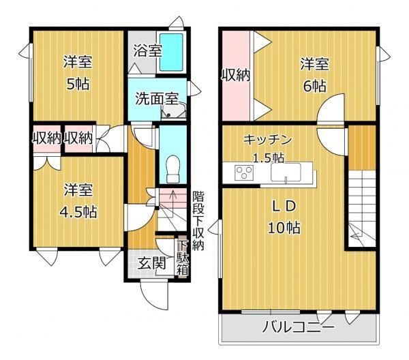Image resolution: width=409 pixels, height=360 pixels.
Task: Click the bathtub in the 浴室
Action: pos(171,52)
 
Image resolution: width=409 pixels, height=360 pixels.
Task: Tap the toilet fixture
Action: pos(173,168)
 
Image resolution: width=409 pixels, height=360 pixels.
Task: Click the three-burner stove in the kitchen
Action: pos(244,172)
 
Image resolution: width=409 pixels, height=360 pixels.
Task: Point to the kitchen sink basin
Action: pos(286,172)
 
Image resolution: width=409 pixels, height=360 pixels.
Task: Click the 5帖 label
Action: pos(78,85)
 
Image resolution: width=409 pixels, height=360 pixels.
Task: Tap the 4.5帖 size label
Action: pos(78,212)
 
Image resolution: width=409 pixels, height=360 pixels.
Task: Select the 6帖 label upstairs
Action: pos(314,86)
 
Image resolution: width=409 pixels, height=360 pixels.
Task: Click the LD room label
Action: pos(284,206)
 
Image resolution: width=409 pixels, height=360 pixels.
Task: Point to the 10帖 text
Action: pos(284,228)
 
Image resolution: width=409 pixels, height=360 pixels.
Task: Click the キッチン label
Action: pos(267,140)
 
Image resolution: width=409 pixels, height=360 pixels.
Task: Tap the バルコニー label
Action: pos(298,327)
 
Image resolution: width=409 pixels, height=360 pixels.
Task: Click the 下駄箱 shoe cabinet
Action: pos(183,258)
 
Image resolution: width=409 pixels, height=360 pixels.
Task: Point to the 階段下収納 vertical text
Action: pos(198,221)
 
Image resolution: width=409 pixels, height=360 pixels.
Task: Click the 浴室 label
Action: pos(148,50)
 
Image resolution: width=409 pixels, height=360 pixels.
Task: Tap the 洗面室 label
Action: pos(157,99)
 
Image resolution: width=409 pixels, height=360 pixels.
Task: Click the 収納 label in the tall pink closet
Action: pos(236,76)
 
